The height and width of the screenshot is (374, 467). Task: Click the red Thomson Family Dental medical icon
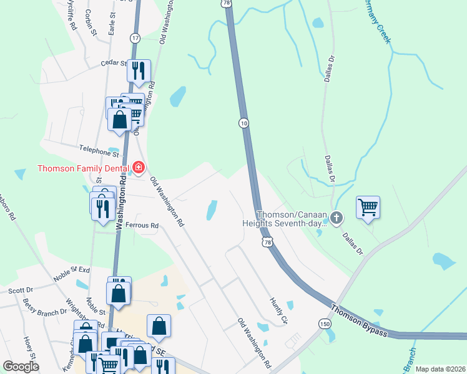coord(139,168)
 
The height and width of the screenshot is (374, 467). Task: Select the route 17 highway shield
coord(135,39)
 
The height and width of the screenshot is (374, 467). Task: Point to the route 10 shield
coord(243,123)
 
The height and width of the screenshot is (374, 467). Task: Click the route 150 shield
coord(324,324)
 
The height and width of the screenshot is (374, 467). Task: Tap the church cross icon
coord(337,218)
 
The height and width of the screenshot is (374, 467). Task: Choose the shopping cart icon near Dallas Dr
coord(368,206)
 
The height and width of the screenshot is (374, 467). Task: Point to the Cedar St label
coord(113,62)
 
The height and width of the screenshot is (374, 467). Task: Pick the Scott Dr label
coord(21,290)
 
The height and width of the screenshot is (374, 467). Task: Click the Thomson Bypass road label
coord(359,321)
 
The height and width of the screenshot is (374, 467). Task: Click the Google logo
coord(21,367)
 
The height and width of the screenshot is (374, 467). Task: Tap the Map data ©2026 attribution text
coord(440,369)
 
